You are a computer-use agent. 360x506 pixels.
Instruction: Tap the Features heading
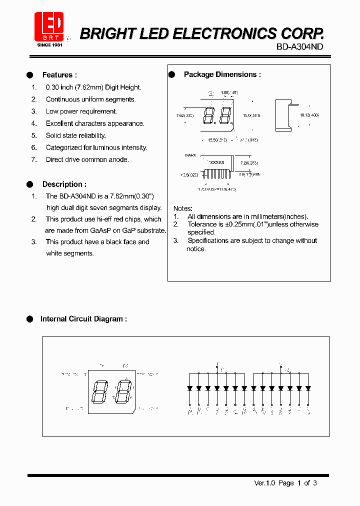(59, 75)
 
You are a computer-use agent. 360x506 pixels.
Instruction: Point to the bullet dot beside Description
(30, 184)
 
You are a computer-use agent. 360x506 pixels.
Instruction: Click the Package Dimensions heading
(222, 74)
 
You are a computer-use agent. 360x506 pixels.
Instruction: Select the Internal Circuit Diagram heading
(83, 319)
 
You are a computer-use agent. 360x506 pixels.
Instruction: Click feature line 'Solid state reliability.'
(76, 135)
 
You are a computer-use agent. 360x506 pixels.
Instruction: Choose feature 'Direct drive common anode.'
(87, 159)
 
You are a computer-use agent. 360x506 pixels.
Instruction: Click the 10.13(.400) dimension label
(309, 115)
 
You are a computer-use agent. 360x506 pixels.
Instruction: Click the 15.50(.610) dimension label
(217, 140)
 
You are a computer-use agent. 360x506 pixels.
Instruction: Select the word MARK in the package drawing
(190, 155)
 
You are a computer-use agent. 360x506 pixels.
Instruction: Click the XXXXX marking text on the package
(216, 163)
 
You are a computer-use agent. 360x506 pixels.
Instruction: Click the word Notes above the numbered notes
(183, 208)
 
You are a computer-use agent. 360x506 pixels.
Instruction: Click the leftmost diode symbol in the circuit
(189, 388)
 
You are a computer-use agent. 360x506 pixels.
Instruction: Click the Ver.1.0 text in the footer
(265, 483)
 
